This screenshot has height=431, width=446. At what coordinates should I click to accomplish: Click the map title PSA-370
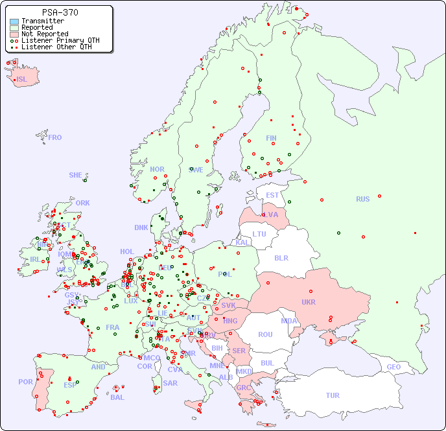click(60, 12)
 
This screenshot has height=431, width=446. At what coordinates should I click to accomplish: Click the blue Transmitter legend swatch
click(14, 21)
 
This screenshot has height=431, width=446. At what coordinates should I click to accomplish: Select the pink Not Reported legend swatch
click(14, 34)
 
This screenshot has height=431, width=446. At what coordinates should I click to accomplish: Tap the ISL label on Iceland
click(22, 80)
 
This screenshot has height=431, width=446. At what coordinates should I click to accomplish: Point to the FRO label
click(55, 137)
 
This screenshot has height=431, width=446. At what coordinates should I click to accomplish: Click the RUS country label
click(362, 199)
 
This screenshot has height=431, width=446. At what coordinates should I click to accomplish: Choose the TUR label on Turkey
click(333, 395)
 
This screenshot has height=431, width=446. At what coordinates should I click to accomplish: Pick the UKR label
click(309, 302)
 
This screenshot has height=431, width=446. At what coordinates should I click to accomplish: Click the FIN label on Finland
click(271, 138)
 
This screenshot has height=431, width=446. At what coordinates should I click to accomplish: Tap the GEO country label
click(393, 367)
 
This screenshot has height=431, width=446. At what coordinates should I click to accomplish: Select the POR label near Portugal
click(25, 382)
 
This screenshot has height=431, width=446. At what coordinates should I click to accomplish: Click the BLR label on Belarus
click(281, 257)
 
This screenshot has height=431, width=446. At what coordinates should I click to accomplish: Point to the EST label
click(272, 195)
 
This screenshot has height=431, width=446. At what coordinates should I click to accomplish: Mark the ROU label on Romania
click(265, 334)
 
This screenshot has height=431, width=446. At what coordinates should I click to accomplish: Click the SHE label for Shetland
click(76, 175)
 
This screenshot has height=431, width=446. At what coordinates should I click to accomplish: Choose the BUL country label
click(267, 363)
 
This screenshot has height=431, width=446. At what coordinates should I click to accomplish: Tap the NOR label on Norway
click(157, 169)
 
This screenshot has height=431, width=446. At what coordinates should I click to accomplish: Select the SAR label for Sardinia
click(170, 383)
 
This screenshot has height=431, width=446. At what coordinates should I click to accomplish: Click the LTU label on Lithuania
click(259, 234)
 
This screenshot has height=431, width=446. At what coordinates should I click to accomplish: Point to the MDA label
click(289, 321)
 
